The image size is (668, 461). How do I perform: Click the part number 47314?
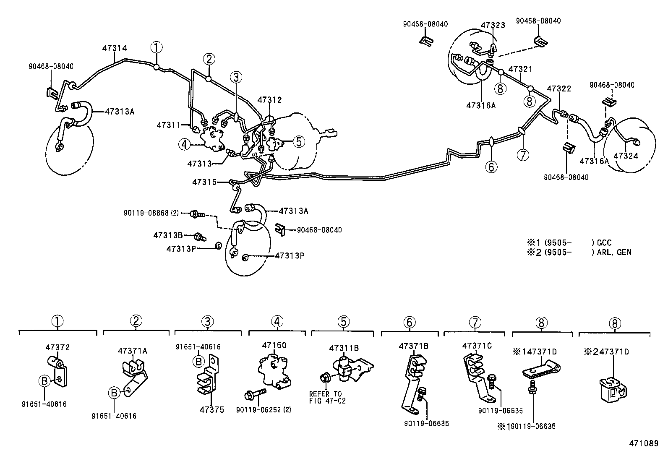click(x=114, y=48)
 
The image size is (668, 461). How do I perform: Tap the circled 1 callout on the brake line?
click(x=157, y=47)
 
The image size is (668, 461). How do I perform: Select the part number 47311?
click(x=168, y=125)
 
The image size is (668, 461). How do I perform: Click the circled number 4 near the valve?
click(x=184, y=145)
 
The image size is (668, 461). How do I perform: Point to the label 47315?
click(x=204, y=182)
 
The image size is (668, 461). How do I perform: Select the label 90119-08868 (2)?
click(x=151, y=213)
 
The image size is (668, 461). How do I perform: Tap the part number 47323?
click(x=493, y=25)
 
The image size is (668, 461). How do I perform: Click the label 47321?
click(x=520, y=69)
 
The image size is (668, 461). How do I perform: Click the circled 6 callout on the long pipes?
click(x=491, y=167)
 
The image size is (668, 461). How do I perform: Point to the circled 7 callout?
click(x=523, y=155)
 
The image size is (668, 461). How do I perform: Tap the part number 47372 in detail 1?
click(x=57, y=347)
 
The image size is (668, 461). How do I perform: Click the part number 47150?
click(x=274, y=346)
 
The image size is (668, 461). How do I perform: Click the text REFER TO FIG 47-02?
click(x=325, y=397)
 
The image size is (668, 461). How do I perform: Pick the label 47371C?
click(x=477, y=346)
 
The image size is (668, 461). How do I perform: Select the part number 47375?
click(x=212, y=409)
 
